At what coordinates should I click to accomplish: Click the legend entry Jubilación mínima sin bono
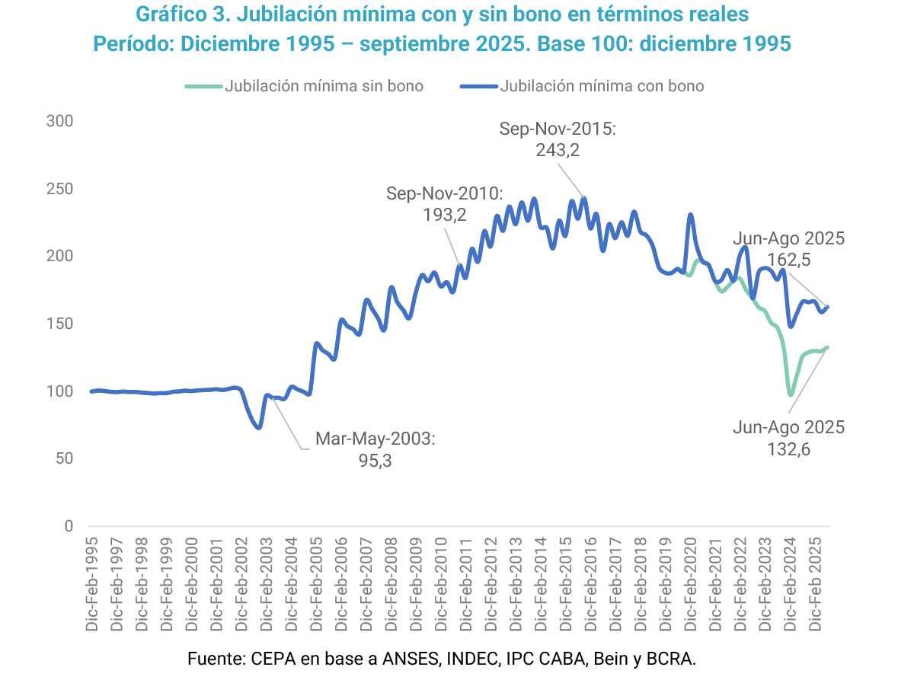click(x=324, y=86)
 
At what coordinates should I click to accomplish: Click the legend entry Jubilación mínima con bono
click(x=602, y=86)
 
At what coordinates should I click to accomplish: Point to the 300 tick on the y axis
click(x=59, y=121)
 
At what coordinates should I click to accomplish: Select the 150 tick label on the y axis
click(x=59, y=324)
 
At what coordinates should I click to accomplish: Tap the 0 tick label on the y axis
click(x=69, y=526)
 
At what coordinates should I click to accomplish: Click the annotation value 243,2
click(x=558, y=150)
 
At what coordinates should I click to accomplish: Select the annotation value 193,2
click(x=444, y=215)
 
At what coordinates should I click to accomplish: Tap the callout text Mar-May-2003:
click(x=375, y=439)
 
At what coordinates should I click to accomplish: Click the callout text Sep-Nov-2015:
click(x=558, y=129)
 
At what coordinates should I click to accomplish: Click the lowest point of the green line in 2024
click(x=791, y=395)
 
